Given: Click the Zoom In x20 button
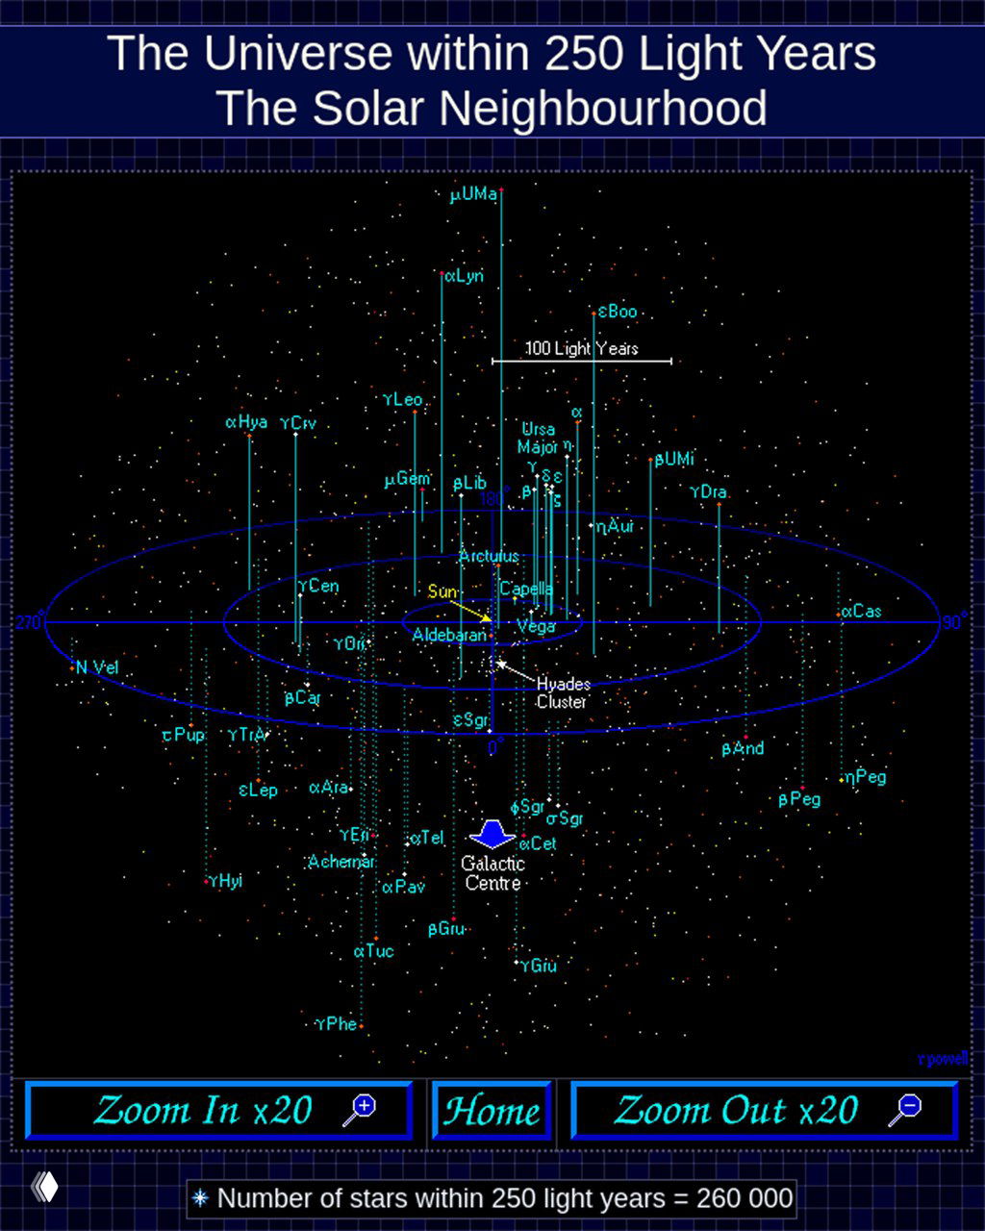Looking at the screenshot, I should pos(219,1111).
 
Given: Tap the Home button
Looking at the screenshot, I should pos(492,1111).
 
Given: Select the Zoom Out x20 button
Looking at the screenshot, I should pos(765,1111).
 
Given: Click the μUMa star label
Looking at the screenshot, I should pos(473,195).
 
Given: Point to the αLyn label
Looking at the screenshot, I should pos(464,276).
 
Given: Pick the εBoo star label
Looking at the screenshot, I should pos(618,312).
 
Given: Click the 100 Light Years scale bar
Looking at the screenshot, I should pos(582,361).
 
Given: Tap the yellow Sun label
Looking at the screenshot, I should pos(442,591).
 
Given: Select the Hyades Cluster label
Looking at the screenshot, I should pos(563,692).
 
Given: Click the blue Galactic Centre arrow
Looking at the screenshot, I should pos(492,833).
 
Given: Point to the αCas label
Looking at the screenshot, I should pos(862,612).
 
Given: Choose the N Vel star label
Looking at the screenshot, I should pos(97,667).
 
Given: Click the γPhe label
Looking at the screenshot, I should pos(337,1024).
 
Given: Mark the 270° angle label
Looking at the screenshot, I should pos(28,622).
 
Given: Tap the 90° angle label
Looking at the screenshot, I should pos(952,622).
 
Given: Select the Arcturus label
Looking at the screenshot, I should pos(489,556).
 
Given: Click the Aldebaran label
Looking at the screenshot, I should pos(449,635).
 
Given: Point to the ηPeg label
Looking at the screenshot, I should pos(866,777).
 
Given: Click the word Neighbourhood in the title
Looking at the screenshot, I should pos(603,108).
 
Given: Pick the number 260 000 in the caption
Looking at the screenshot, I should pos(745,1198).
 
